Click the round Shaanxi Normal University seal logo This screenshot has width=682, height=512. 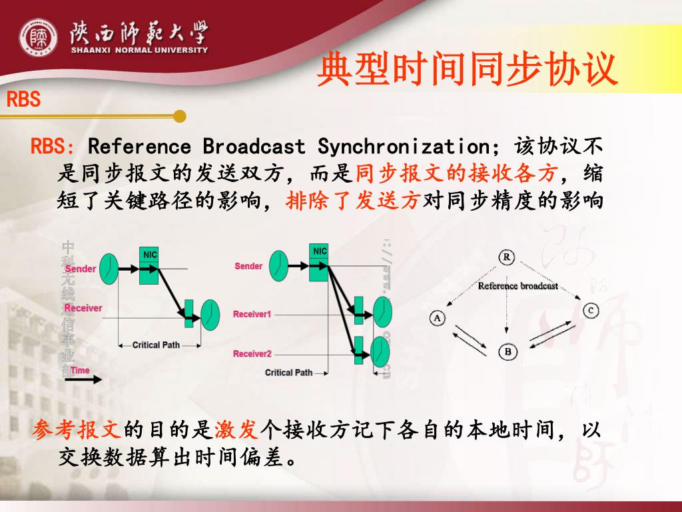[x=39, y=38]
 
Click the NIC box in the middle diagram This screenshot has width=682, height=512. [x=320, y=260]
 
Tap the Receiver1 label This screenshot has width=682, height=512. [x=252, y=314]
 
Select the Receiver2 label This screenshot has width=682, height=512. [x=252, y=353]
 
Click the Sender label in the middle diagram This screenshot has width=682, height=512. [x=248, y=266]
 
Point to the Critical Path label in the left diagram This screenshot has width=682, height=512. [x=156, y=345]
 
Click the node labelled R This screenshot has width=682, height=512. [x=507, y=257]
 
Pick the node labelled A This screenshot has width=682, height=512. [x=437, y=318]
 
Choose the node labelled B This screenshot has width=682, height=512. [x=508, y=351]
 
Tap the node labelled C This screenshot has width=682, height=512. [x=590, y=310]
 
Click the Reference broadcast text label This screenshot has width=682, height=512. [x=517, y=286]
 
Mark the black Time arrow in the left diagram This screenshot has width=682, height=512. [x=83, y=379]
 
